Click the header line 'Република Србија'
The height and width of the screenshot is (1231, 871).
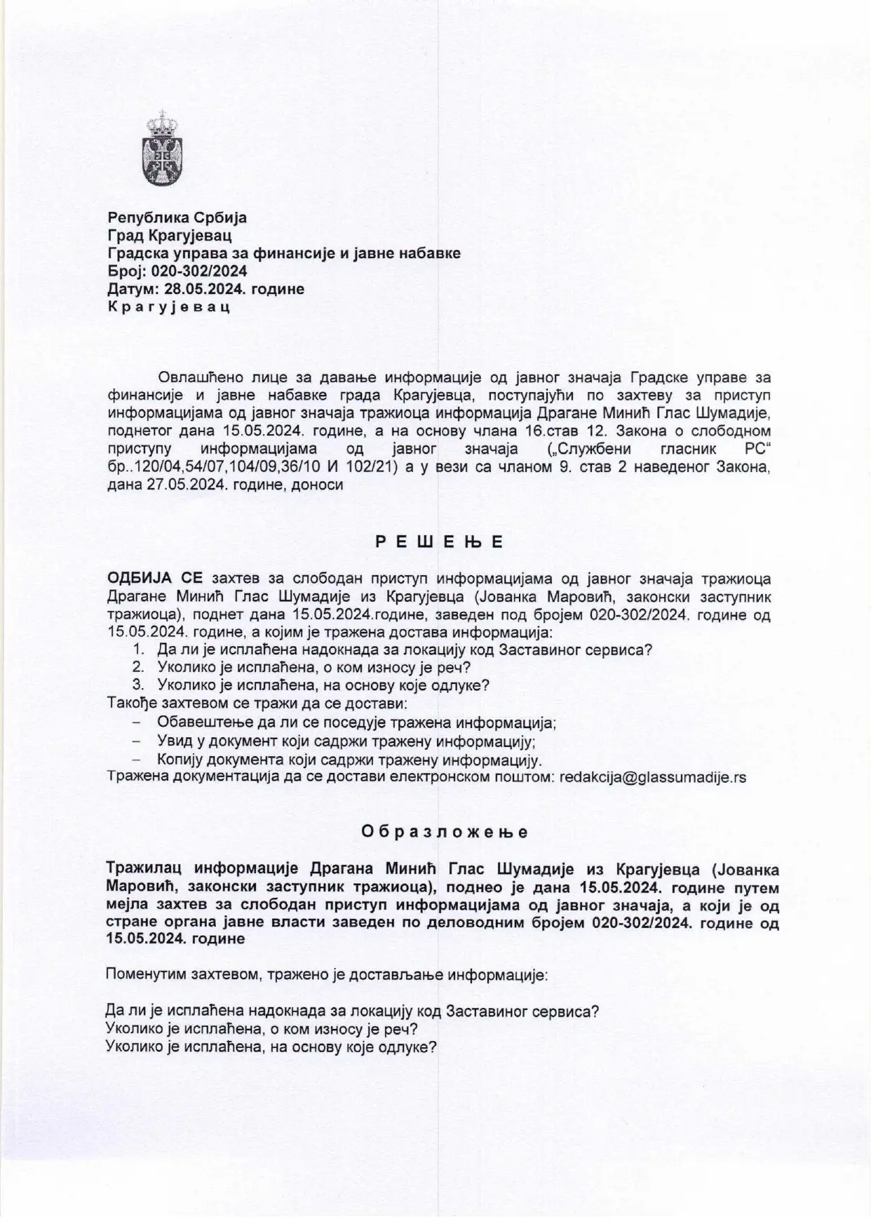point(177,217)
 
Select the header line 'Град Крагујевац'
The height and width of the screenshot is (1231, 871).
point(169,235)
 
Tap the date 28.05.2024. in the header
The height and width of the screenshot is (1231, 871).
point(204,288)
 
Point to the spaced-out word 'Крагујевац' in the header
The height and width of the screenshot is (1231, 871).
point(169,307)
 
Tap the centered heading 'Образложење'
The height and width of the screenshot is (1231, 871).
point(445,832)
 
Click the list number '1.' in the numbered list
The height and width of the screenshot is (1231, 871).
point(139,650)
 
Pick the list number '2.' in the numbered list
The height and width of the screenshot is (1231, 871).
point(139,667)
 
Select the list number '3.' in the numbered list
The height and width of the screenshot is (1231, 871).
point(139,685)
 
